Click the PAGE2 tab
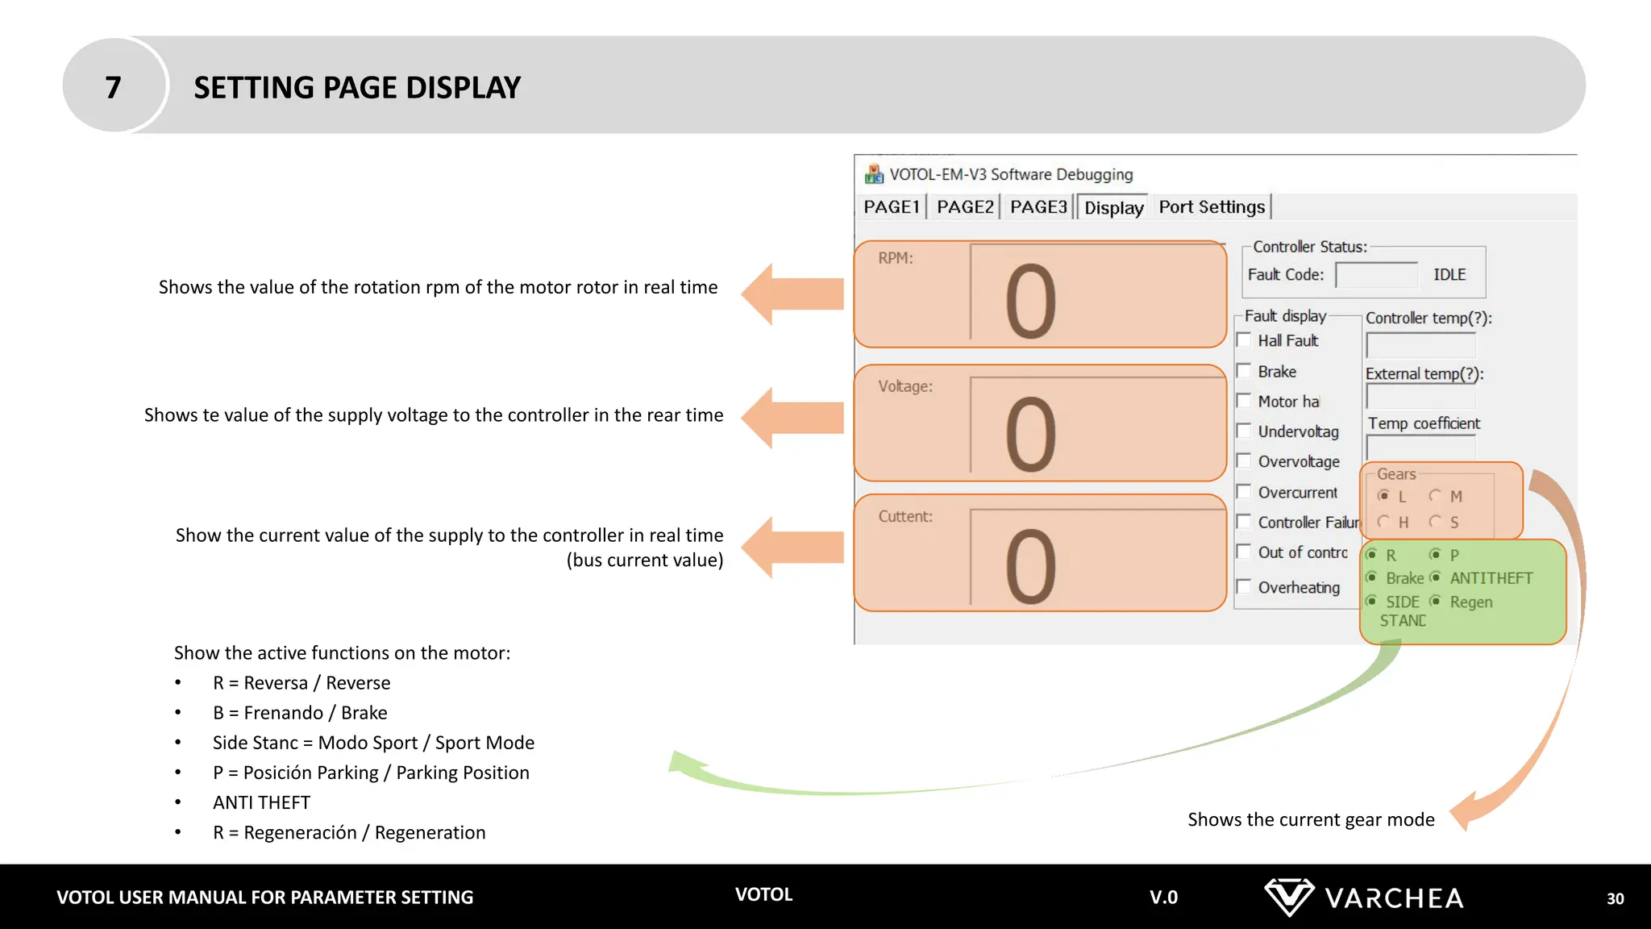tap(965, 207)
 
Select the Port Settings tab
tap(1212, 207)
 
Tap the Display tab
tap(1113, 208)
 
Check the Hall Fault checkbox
tap(1244, 340)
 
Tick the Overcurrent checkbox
tap(1244, 491)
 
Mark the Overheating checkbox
tap(1244, 586)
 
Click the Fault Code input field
tap(1376, 275)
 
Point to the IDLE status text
tap(1449, 275)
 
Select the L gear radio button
tap(1384, 495)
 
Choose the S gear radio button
tap(1435, 522)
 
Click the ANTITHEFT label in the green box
tap(1491, 578)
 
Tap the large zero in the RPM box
tap(1030, 302)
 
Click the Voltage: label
tap(905, 386)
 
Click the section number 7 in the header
tap(114, 87)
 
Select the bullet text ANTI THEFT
tap(261, 802)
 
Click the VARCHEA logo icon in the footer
tap(1288, 897)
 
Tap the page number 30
tap(1615, 898)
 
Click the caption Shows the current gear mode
tap(1311, 819)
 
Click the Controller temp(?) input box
tap(1420, 345)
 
